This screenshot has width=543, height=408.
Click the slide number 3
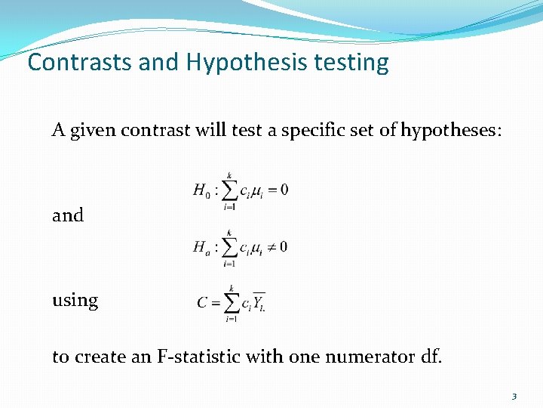click(514, 396)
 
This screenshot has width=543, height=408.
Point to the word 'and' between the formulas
click(68, 215)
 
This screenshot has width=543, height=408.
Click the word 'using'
click(75, 301)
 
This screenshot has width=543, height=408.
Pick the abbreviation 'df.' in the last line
click(429, 357)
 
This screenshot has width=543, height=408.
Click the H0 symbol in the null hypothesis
click(201, 190)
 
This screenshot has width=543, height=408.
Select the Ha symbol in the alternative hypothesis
click(201, 247)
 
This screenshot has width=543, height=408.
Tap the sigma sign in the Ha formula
click(229, 247)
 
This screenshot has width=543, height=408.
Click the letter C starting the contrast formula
click(202, 303)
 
